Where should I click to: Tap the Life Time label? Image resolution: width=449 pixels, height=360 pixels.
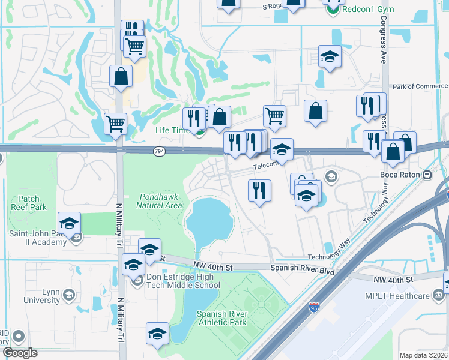point(171,130)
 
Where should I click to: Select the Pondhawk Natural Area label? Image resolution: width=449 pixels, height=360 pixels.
point(160,201)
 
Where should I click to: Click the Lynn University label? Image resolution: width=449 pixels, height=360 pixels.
point(42,295)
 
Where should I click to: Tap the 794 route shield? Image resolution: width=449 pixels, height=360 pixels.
point(158,150)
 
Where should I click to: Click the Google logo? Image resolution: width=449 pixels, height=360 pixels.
point(19,353)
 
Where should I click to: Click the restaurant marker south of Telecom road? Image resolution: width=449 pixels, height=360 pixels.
point(259,191)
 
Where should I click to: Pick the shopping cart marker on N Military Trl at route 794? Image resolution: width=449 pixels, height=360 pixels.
point(115,124)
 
